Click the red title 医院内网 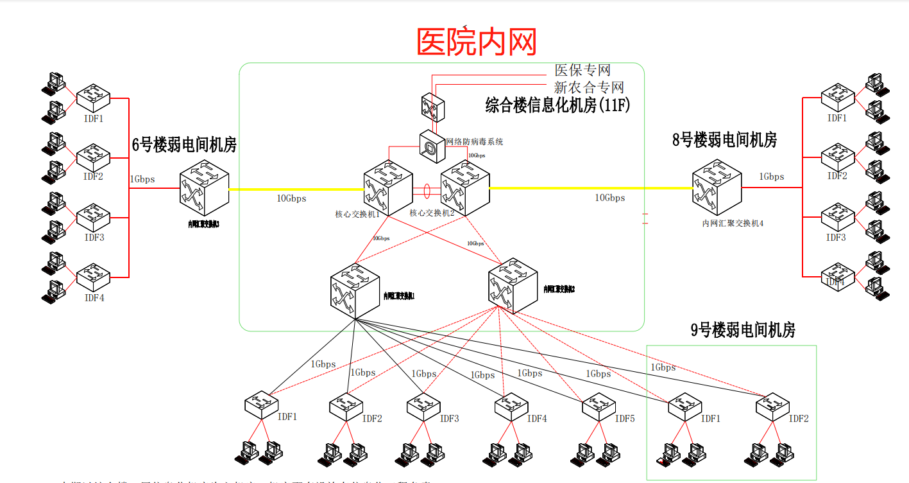[x=477, y=41]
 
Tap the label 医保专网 [x=582, y=70]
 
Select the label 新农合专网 [x=589, y=87]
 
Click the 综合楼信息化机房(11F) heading [x=557, y=105]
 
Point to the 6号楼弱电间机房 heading [x=184, y=145]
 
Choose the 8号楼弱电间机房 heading [x=724, y=140]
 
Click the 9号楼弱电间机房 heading [x=743, y=330]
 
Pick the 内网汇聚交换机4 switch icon [x=717, y=189]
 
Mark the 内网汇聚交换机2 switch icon [x=512, y=288]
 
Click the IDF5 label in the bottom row [x=625, y=419]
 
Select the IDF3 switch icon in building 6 [x=94, y=216]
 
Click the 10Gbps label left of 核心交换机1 [x=291, y=198]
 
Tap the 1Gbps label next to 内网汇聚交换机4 [x=771, y=177]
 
